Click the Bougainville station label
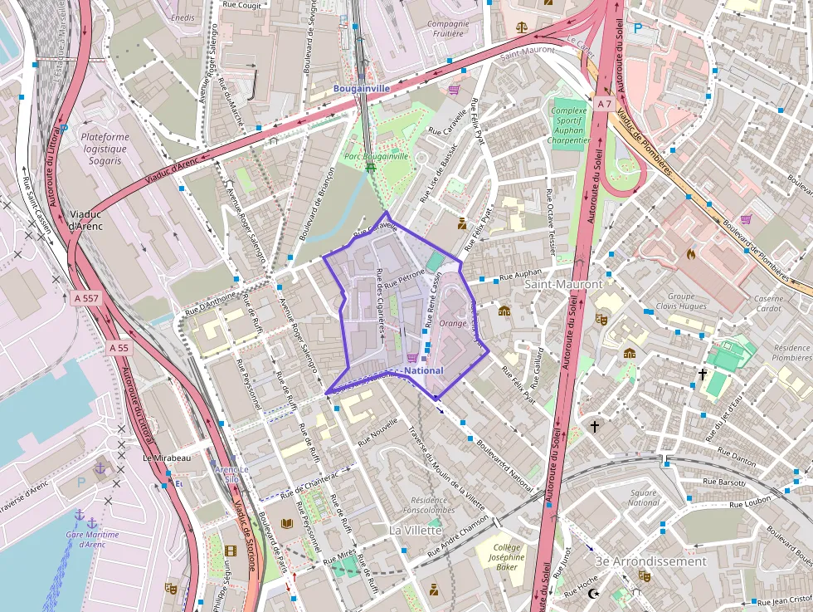point(362,88)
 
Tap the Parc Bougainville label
point(377,156)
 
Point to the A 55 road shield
point(119,349)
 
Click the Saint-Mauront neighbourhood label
point(563,284)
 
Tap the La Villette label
point(416,530)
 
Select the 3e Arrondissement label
point(650,561)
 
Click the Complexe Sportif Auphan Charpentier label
point(569,125)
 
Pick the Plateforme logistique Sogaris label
point(105,149)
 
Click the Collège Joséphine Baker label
point(509,557)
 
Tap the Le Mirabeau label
point(167,458)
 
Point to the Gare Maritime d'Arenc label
point(93,540)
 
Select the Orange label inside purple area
point(453,323)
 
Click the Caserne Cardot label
point(767,303)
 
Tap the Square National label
point(643,497)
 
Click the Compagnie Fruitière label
point(448,29)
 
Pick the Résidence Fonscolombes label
point(429,505)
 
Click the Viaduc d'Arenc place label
point(85,219)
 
